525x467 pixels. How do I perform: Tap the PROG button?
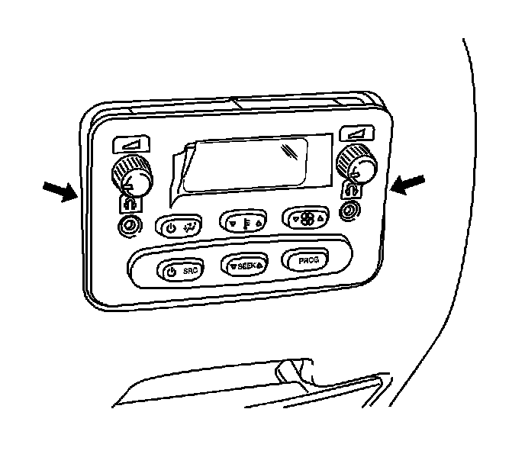(x=308, y=261)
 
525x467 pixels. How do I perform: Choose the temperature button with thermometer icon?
(x=244, y=221)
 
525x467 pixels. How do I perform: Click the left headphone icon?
(x=126, y=203)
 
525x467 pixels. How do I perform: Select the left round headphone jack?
(x=127, y=226)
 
